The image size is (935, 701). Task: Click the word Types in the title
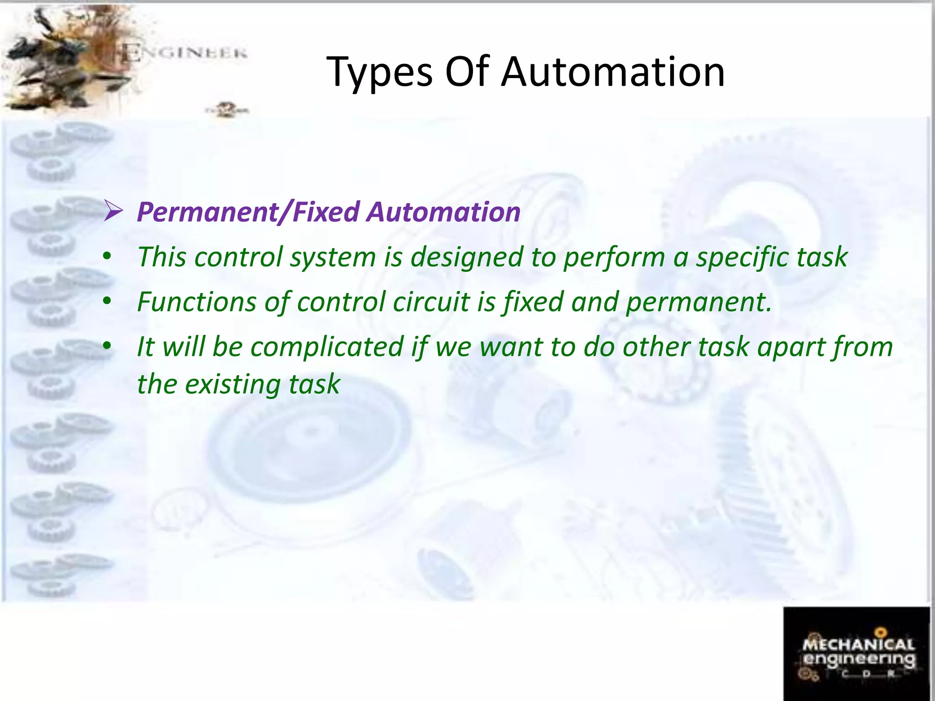click(379, 72)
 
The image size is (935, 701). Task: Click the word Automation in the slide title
click(613, 72)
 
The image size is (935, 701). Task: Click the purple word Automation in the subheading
click(444, 212)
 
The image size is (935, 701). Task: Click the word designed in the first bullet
click(467, 257)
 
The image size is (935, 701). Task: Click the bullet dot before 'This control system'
click(107, 257)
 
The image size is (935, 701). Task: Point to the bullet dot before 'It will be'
click(107, 346)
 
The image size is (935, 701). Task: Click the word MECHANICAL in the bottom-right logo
click(858, 644)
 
